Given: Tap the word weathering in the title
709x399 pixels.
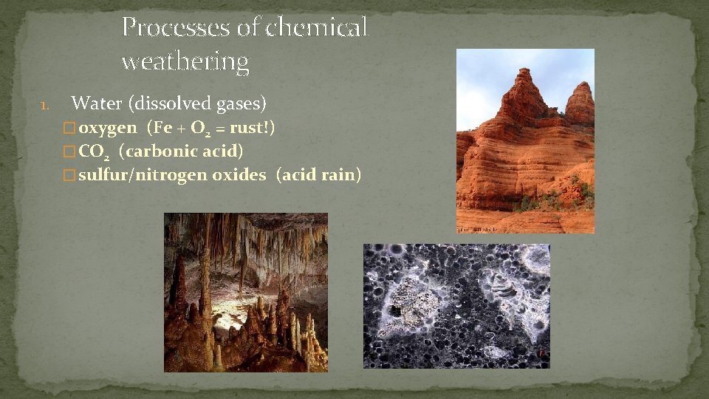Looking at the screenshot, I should pos(185,61).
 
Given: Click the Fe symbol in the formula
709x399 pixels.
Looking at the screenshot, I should pos(163,128).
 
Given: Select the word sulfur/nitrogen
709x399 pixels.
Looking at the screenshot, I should pos(143,176).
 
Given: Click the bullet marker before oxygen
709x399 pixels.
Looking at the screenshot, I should pos(70,129).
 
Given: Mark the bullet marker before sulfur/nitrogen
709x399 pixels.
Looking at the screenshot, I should pos(70,177).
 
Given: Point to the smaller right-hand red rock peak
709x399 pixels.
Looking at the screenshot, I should pos(580,103).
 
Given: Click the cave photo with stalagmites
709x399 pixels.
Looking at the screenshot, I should pos(245,293).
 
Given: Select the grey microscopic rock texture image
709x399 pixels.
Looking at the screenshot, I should pos(456,306).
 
